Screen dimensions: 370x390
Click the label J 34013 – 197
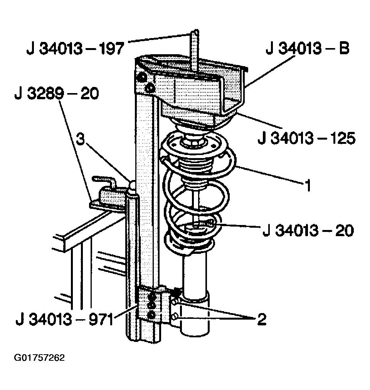75,48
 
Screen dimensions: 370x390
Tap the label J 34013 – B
308,48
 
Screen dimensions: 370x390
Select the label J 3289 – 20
57,93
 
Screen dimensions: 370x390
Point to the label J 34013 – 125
307,138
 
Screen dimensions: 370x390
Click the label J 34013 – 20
308,230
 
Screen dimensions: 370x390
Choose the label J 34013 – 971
65,319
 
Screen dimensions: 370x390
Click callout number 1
308,185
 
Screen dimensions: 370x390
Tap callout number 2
262,319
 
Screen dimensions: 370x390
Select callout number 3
80,139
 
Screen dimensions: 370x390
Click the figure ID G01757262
39,358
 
